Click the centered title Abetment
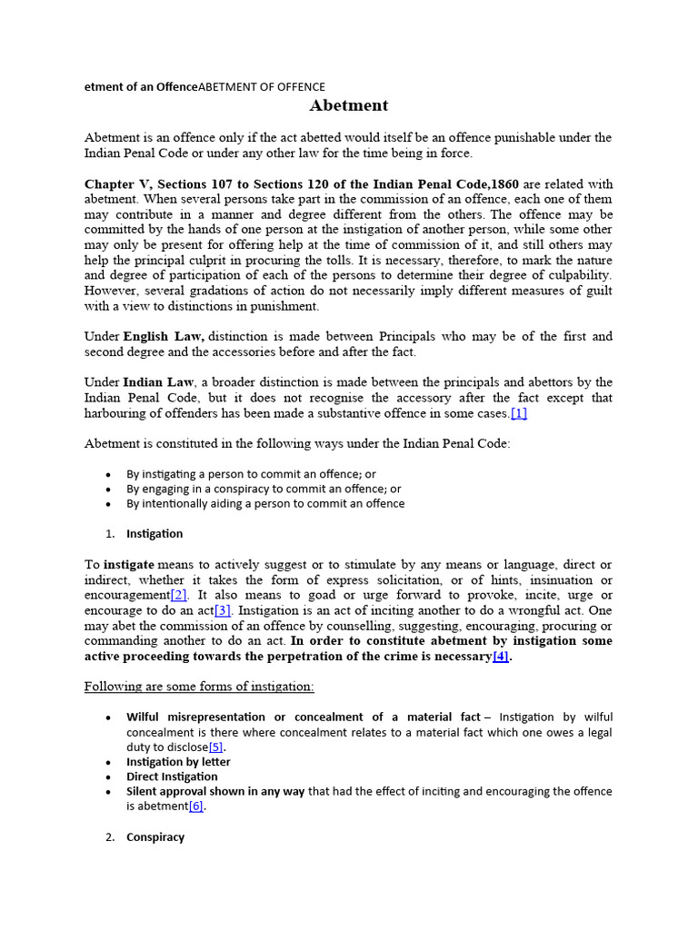[349, 105]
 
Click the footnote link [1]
[519, 413]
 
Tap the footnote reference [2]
[179, 596]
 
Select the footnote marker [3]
[223, 611]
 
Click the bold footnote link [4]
[500, 658]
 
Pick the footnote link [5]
[215, 747]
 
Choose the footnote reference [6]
[196, 806]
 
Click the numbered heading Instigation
[155, 533]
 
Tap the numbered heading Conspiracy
[155, 836]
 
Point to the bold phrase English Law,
[164, 336]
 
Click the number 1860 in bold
[505, 183]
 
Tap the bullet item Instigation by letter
[178, 762]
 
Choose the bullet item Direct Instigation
[172, 777]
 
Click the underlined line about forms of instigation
[199, 687]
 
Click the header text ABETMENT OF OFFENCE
[262, 86]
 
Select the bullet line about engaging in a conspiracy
[264, 489]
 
